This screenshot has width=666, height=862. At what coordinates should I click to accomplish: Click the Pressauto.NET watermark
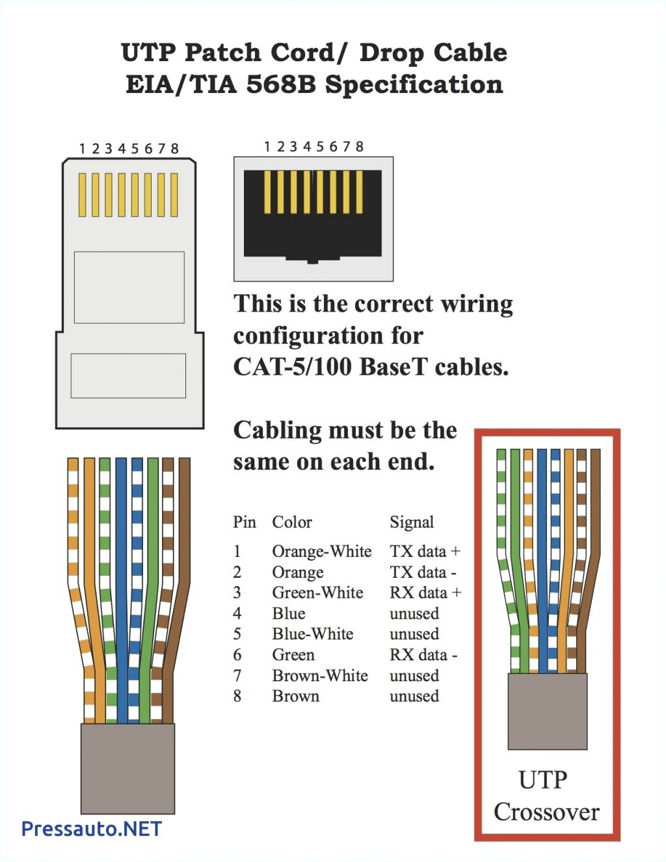click(x=91, y=828)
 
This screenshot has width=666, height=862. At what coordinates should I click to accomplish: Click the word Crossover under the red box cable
click(x=546, y=811)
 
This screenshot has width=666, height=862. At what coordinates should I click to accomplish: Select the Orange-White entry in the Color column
click(x=321, y=551)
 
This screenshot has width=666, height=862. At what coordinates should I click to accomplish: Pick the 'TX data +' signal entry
click(x=425, y=551)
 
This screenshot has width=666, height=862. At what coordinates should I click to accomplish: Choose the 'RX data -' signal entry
click(x=423, y=654)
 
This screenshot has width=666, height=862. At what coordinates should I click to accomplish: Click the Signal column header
click(x=411, y=522)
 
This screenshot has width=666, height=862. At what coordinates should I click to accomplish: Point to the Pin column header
click(x=245, y=522)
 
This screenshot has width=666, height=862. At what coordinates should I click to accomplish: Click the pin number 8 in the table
click(x=237, y=696)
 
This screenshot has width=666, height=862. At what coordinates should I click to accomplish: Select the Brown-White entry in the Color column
click(x=320, y=675)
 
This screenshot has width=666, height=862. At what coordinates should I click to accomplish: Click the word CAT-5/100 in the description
click(x=293, y=367)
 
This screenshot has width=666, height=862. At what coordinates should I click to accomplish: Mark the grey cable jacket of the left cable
click(x=127, y=768)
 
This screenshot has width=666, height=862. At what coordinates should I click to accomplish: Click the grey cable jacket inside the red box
click(x=547, y=711)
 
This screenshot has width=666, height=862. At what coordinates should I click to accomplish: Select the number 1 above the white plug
click(x=82, y=149)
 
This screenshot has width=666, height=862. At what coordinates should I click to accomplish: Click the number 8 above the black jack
click(x=359, y=146)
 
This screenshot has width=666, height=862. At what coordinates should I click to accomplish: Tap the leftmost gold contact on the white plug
click(x=83, y=195)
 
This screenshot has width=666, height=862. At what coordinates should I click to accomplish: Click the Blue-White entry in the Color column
click(x=312, y=634)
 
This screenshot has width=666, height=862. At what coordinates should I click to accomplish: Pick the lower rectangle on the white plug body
click(x=128, y=375)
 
